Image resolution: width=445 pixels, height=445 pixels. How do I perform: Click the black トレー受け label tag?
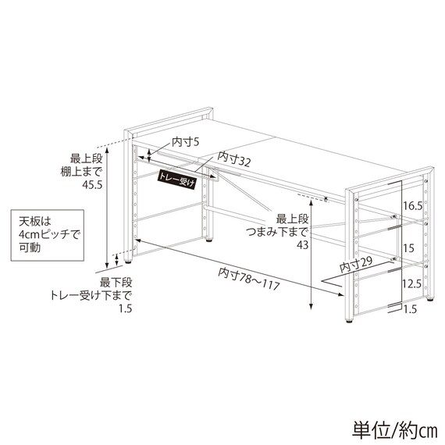(x=176, y=180)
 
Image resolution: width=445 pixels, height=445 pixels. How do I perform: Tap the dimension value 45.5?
(x=92, y=185)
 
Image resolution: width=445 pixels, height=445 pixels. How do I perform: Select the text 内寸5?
(x=186, y=142)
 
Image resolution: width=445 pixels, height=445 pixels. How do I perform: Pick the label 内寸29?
(x=356, y=265)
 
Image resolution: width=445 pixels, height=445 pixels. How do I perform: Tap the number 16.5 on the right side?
(x=413, y=206)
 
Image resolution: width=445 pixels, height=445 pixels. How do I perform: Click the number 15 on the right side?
(x=408, y=248)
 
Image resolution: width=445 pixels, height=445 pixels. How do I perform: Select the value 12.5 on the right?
(x=412, y=284)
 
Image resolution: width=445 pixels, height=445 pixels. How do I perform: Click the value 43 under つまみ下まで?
(x=303, y=244)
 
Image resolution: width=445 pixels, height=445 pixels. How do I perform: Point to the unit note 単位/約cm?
(x=395, y=431)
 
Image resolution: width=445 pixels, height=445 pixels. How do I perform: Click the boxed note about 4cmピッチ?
(x=48, y=235)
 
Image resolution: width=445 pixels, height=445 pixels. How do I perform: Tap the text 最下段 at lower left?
(x=116, y=283)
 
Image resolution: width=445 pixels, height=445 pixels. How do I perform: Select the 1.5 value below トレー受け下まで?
(x=126, y=308)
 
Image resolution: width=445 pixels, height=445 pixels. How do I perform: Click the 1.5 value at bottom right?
(x=410, y=309)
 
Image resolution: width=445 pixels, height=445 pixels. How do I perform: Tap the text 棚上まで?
(x=81, y=172)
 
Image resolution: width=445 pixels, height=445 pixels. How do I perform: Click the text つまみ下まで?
(x=277, y=232)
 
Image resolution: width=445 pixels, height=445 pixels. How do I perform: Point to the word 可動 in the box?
(x=30, y=247)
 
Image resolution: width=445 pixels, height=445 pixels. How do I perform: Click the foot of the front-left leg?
(x=128, y=262)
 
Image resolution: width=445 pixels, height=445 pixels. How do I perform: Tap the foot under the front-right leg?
(x=350, y=322)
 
